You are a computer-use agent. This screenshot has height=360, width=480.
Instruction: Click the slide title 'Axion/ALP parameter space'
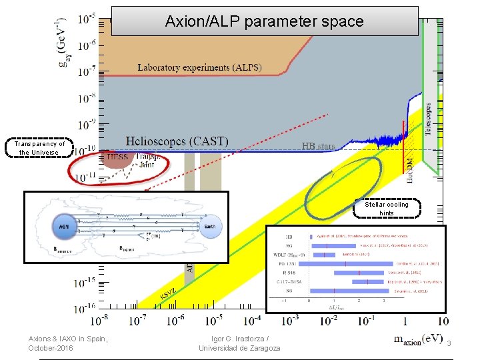click(x=265, y=21)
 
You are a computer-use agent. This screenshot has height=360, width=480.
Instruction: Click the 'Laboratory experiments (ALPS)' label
click(x=200, y=67)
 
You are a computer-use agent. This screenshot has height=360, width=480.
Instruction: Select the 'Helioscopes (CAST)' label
click(x=177, y=142)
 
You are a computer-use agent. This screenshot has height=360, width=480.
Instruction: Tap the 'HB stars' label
click(x=318, y=146)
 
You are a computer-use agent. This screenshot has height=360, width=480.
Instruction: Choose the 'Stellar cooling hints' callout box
click(x=387, y=209)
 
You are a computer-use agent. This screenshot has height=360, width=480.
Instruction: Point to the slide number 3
click(x=449, y=343)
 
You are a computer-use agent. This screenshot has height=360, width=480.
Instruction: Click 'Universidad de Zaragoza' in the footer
click(x=239, y=348)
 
